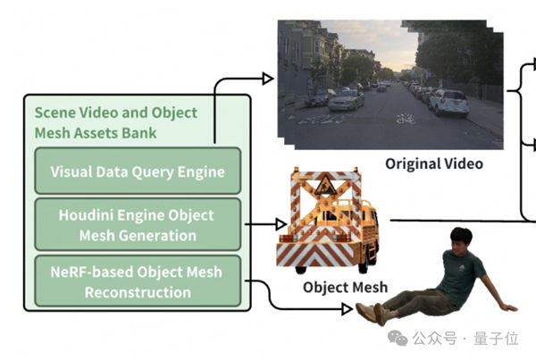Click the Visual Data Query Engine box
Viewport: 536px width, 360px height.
[137, 171]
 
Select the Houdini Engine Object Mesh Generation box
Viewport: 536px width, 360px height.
[137, 225]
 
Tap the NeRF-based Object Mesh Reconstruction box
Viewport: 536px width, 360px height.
[137, 281]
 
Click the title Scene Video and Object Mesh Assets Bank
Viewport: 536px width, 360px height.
[116, 123]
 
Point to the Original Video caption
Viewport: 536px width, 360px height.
[433, 163]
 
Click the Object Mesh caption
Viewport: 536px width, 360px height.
[345, 287]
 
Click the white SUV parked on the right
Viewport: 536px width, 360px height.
[448, 101]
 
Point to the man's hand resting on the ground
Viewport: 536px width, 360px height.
[508, 307]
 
